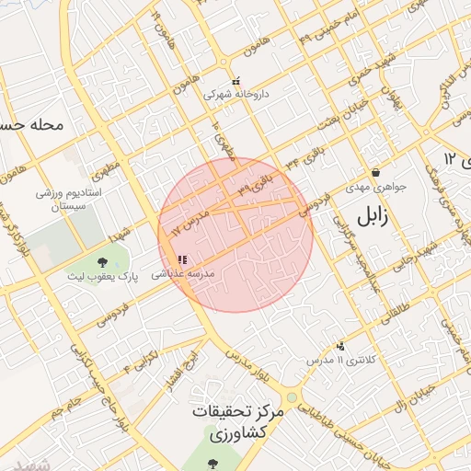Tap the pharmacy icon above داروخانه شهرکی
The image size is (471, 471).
236,81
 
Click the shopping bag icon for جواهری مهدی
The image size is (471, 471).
375,173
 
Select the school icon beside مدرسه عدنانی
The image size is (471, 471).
182,260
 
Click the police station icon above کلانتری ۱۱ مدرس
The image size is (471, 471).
341,347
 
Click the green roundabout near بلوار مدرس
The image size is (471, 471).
293,397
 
